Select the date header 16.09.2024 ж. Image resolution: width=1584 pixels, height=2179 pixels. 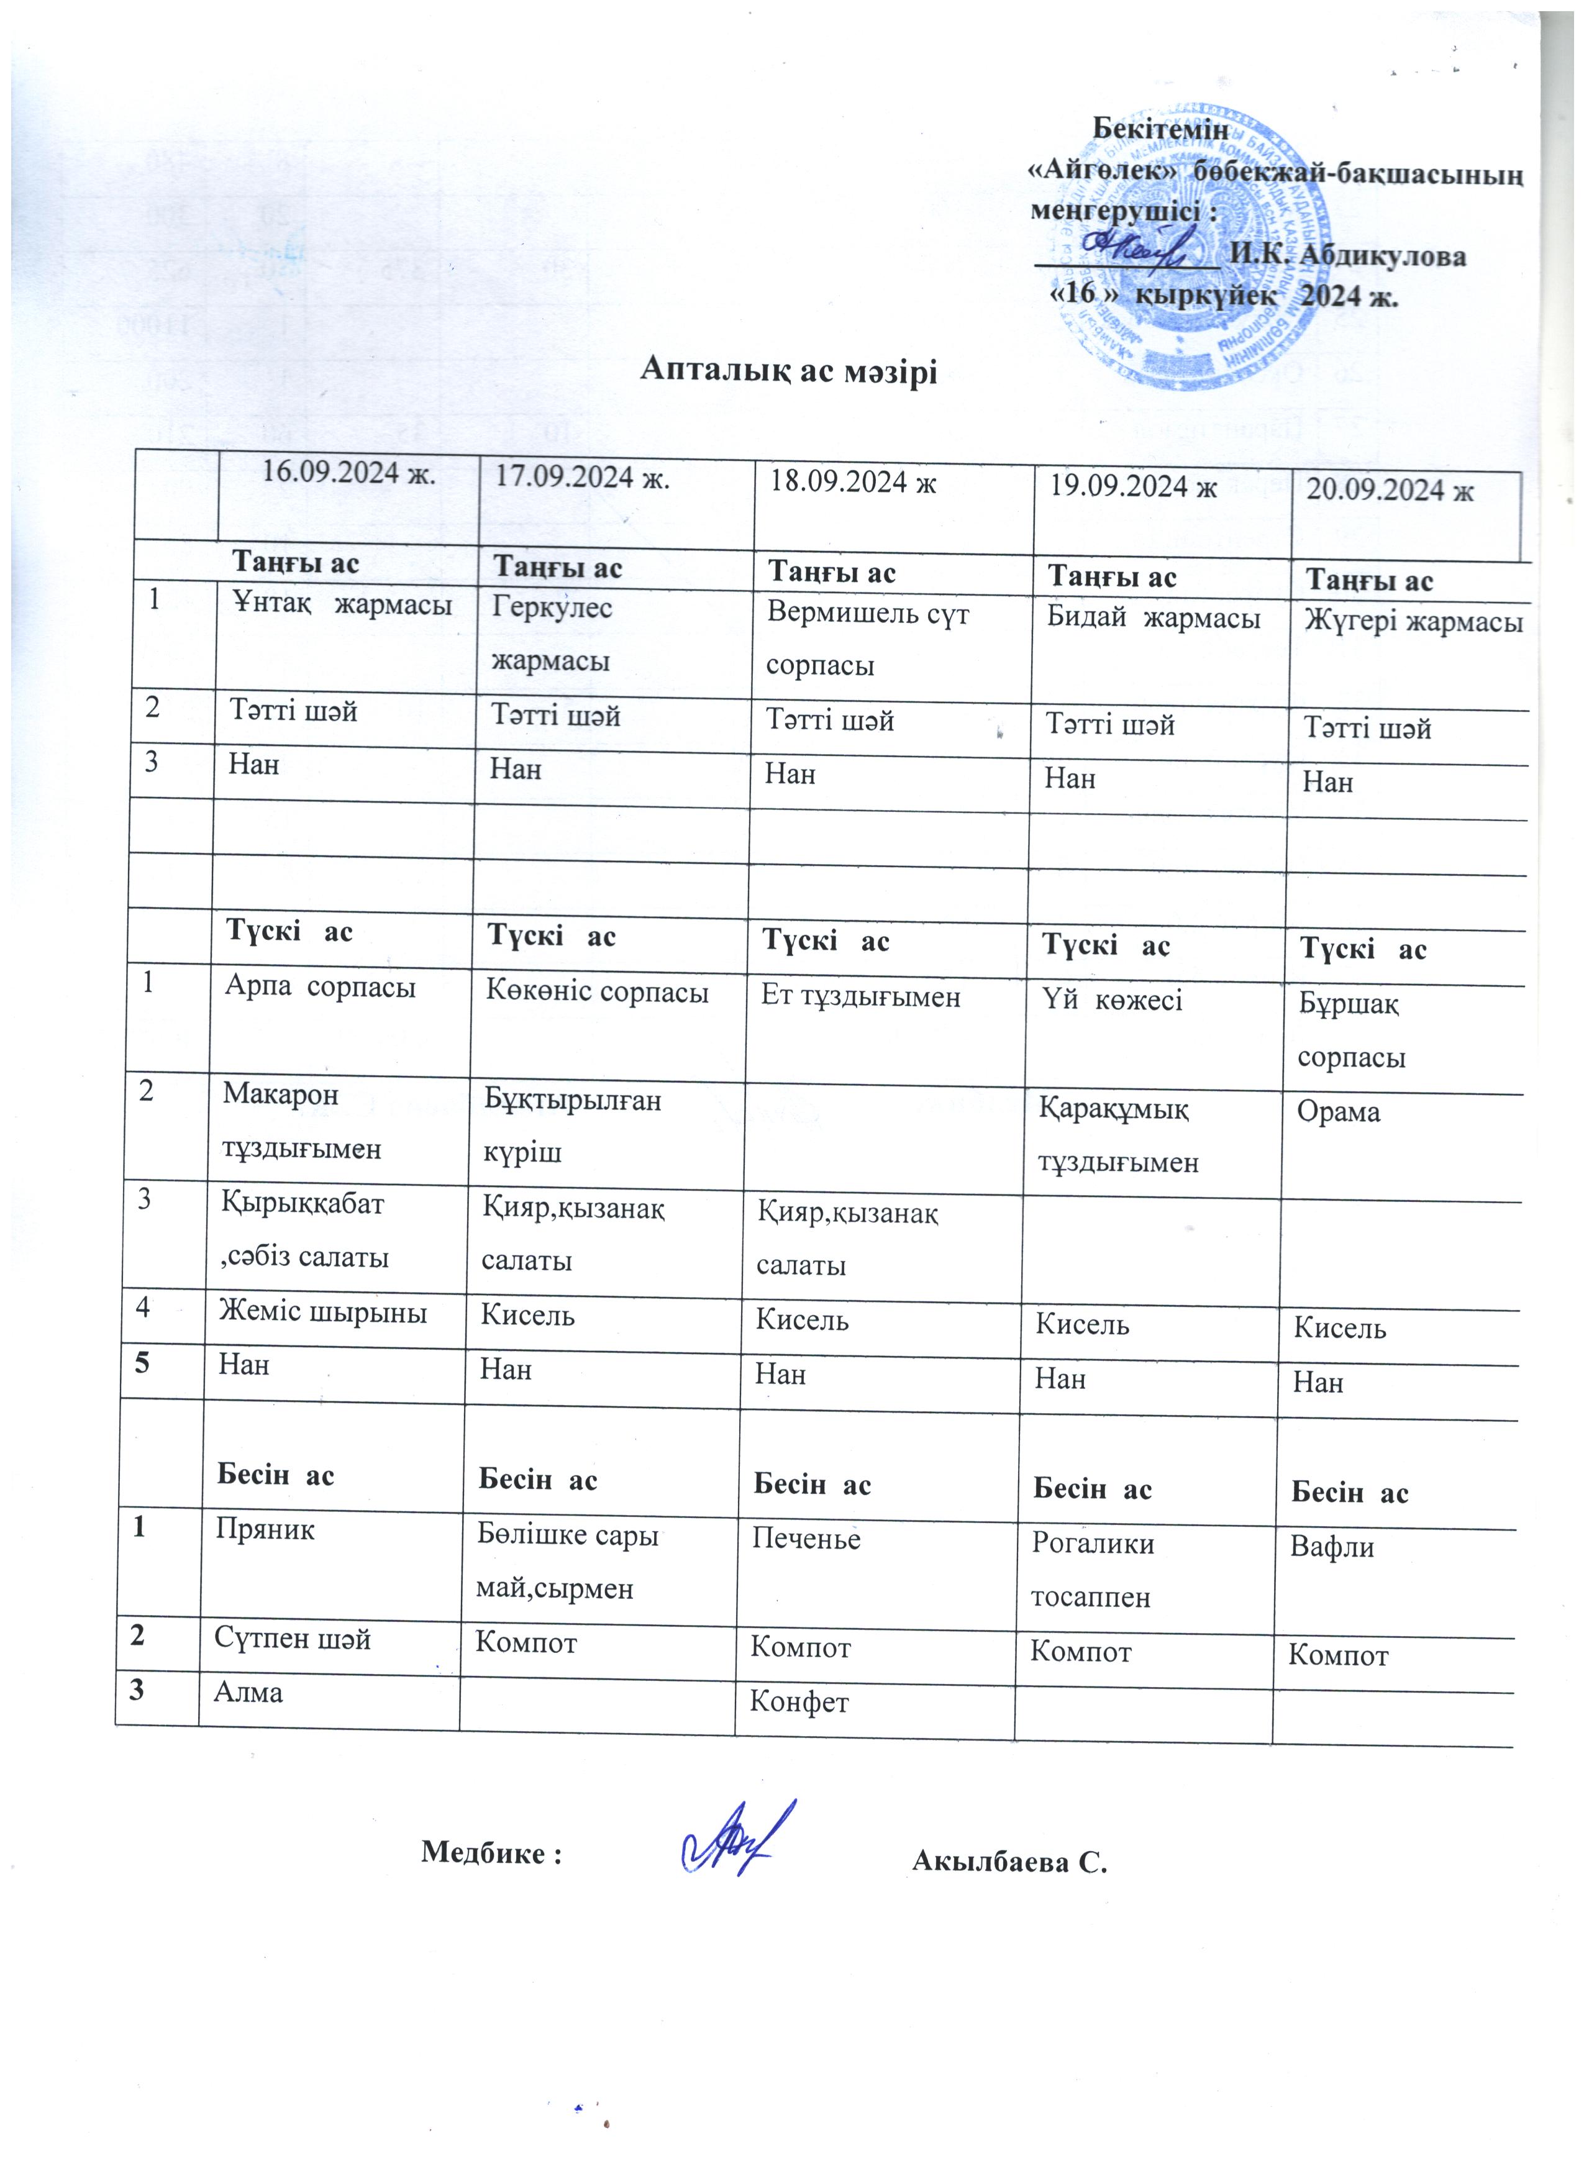click(348, 473)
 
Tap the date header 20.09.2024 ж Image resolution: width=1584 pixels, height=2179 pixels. click(1389, 490)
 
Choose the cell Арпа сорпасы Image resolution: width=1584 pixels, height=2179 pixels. click(320, 986)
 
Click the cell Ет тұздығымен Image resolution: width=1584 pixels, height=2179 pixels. click(861, 996)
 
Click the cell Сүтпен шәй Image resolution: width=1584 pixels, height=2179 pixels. click(292, 1638)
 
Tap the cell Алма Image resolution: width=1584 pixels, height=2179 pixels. click(248, 1692)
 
